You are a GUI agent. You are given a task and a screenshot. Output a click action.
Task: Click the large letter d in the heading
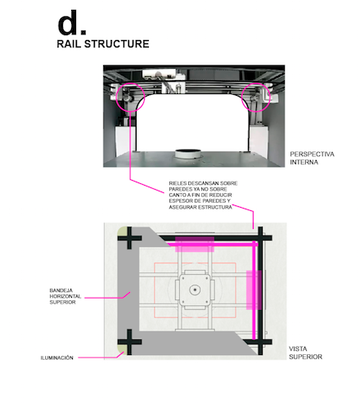point(68,23)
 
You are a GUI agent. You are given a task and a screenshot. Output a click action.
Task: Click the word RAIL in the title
point(69,44)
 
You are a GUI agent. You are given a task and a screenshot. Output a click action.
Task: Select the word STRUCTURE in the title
point(117,44)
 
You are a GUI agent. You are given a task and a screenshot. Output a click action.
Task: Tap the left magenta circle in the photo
point(130,83)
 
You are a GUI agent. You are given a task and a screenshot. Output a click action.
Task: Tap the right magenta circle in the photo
point(256,83)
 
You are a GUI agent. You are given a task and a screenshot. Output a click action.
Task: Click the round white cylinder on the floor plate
point(188,154)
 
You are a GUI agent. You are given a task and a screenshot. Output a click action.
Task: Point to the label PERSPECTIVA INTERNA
point(312,158)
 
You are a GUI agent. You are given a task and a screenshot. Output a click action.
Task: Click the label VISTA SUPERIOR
point(305,353)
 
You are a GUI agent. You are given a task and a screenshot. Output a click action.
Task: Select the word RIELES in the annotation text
point(178,183)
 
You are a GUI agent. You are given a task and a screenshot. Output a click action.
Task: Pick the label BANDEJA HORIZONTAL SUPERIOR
point(65,296)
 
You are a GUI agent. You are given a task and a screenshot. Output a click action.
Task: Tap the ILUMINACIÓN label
point(57,357)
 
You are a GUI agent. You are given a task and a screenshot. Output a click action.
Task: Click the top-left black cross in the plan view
point(129,238)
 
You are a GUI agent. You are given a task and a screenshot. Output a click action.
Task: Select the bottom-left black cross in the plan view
point(129,342)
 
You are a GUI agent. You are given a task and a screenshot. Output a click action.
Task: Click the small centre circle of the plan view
point(195,290)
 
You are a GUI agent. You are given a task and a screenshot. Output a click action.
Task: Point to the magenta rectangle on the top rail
point(195,245)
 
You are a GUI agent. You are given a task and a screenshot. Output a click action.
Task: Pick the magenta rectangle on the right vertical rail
point(254,290)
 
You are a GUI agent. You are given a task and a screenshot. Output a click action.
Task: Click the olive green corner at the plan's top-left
point(122,231)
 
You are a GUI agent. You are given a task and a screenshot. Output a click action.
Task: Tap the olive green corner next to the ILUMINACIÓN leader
point(123,349)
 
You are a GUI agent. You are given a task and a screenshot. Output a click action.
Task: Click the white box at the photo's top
point(159,74)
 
